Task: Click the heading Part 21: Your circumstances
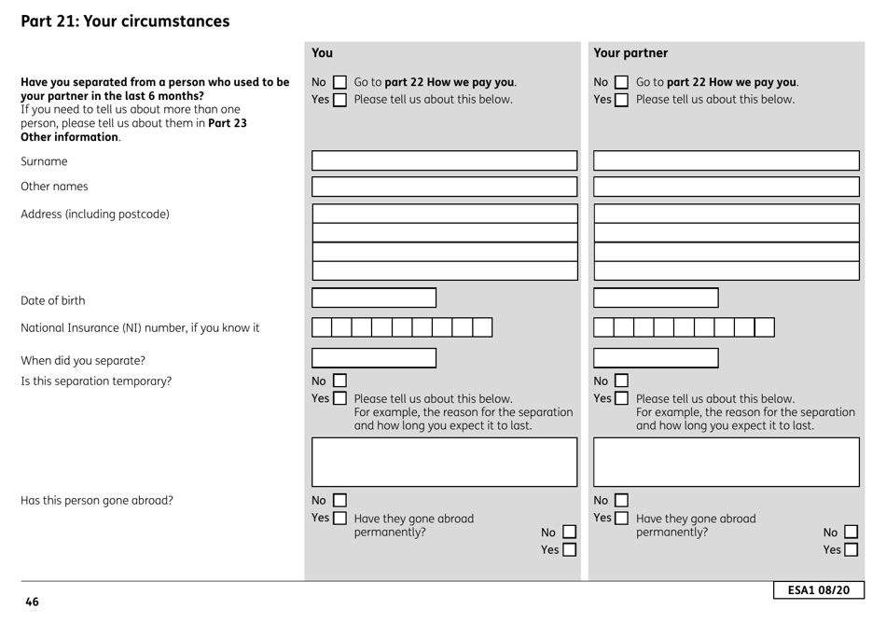coord(125,21)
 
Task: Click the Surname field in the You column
coord(444,160)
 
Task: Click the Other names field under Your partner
coord(726,187)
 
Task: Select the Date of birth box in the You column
coord(373,298)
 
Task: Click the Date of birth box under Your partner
coord(656,298)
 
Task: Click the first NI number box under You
coord(322,327)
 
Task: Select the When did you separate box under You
coord(373,358)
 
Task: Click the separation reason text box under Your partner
coord(726,462)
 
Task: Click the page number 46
coord(32,602)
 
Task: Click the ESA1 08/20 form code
coord(818,591)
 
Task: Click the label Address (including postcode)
coord(95,215)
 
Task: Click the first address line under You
coord(444,214)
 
